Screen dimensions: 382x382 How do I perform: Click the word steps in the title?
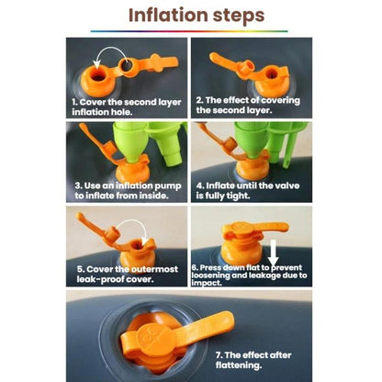239,17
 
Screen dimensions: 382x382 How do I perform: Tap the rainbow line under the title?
189,31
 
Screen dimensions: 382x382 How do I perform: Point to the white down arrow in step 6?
274,253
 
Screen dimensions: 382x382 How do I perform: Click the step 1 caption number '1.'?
74,102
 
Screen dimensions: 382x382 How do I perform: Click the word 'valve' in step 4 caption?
286,185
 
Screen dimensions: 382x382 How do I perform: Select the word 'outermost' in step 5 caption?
154,269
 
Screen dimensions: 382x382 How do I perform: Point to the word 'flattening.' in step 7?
239,365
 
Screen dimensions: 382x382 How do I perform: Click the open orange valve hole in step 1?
98,75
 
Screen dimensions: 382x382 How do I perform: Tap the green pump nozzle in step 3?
130,144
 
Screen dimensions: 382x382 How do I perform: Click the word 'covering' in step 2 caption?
280,100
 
